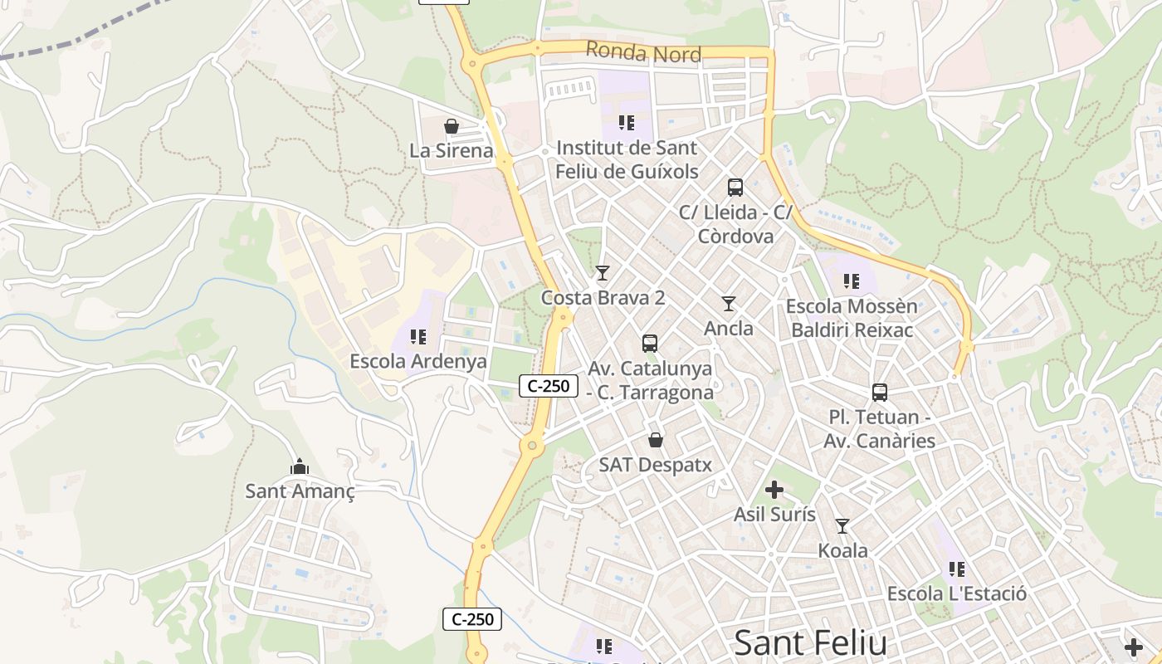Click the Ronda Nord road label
[x=643, y=53]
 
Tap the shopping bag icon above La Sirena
[x=452, y=126]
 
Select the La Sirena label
[x=451, y=151]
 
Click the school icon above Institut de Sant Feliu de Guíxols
[x=627, y=123]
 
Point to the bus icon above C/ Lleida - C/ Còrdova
[x=735, y=188]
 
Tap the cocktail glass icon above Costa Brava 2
[x=603, y=273]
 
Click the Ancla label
[x=729, y=329]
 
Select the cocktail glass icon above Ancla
[x=729, y=304]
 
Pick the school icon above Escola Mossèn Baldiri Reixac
[x=851, y=281]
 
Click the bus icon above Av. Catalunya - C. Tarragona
[x=650, y=343]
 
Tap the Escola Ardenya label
[x=418, y=362]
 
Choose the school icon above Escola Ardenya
[x=418, y=337]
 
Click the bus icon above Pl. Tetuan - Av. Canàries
[x=880, y=393]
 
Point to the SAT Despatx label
[x=656, y=465]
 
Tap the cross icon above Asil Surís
[x=774, y=490]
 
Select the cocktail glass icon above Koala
[x=842, y=525]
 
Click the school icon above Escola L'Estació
[x=957, y=569]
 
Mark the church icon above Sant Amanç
[x=299, y=466]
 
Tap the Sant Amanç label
[x=300, y=491]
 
